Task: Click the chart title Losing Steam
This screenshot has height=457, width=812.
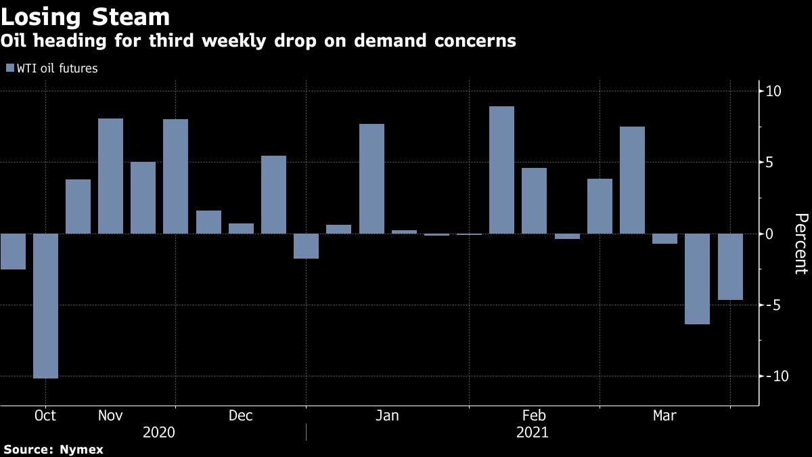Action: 85,16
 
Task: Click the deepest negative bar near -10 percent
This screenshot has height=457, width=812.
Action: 45,305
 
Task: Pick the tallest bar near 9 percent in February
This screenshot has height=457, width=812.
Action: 501,170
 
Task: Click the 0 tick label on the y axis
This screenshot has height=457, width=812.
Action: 769,234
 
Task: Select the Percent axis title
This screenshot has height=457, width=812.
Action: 800,244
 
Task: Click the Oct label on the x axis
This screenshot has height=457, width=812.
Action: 45,416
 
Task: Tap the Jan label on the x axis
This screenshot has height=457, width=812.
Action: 387,416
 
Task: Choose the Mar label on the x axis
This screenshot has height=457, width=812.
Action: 664,416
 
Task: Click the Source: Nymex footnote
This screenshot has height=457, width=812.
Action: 53,449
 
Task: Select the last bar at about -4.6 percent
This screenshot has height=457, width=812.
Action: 730,267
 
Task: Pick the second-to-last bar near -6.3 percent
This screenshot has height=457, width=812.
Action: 698,279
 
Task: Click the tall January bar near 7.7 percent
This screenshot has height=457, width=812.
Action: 371,179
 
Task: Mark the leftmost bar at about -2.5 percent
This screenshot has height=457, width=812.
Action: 13,251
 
